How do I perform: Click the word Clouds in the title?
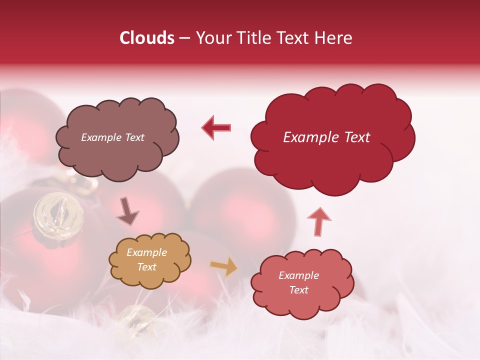(x=147, y=38)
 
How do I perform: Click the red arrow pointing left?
(x=216, y=127)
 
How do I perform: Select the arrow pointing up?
(x=318, y=220)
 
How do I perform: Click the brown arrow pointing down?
(x=127, y=212)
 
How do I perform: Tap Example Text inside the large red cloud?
(x=326, y=137)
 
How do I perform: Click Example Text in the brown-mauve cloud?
(x=112, y=137)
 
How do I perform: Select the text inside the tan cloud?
(x=146, y=260)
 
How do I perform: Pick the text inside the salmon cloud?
(x=298, y=282)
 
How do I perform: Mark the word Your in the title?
(x=212, y=38)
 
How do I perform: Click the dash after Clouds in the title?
(x=184, y=38)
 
